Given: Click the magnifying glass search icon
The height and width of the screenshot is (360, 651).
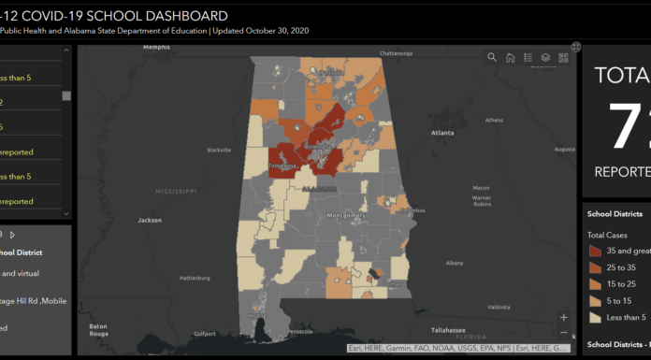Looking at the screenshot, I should coord(492,58).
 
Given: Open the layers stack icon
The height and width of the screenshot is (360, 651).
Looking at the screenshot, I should coord(546,58).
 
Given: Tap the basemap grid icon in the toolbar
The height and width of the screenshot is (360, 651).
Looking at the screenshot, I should coord(564,58).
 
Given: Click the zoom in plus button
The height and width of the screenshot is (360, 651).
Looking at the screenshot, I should coord(563,317).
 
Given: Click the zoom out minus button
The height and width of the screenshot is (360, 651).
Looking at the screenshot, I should coord(563,332).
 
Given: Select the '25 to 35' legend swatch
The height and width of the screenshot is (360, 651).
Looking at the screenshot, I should coord(595,268).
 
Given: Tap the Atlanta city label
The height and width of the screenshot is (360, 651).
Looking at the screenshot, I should coord(442,133).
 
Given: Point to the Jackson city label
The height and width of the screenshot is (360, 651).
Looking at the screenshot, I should coord(150,221).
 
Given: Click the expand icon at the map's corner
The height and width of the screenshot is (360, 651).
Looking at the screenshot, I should coord(576,46).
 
